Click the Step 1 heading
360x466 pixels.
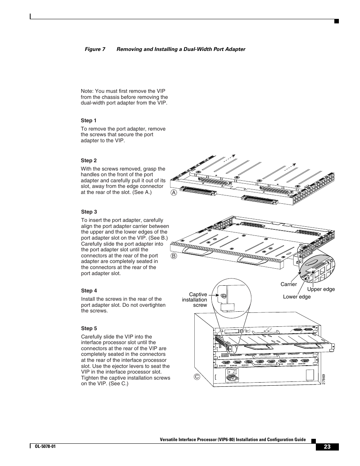point(89,121)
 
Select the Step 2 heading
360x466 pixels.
point(89,160)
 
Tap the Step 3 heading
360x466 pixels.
point(89,212)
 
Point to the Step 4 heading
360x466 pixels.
point(89,291)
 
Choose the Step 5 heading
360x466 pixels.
point(89,328)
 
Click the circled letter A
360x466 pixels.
point(174,192)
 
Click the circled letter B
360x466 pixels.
point(174,255)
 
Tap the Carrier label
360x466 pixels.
point(289,284)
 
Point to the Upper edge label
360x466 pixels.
point(321,289)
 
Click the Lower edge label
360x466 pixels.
point(297,297)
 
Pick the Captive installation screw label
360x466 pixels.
point(195,300)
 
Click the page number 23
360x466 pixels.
point(327,447)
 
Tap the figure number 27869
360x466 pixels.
point(324,379)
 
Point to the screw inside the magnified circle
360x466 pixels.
point(223,296)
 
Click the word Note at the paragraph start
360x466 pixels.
point(87,91)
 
